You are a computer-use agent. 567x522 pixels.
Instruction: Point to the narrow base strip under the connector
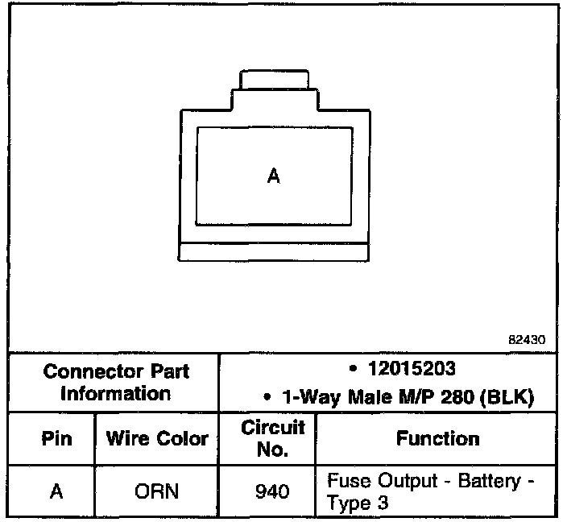274,251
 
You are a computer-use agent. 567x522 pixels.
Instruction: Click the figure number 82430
527,340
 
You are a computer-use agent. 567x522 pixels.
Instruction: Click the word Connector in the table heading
94,371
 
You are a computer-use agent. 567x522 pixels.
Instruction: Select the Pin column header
56,439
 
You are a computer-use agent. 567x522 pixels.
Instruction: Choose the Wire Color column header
157,439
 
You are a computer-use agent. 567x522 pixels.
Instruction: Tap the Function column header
437,438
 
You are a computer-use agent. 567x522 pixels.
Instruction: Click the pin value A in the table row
56,491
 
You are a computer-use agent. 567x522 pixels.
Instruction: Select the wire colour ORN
157,491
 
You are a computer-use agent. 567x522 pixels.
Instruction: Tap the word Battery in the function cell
490,481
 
